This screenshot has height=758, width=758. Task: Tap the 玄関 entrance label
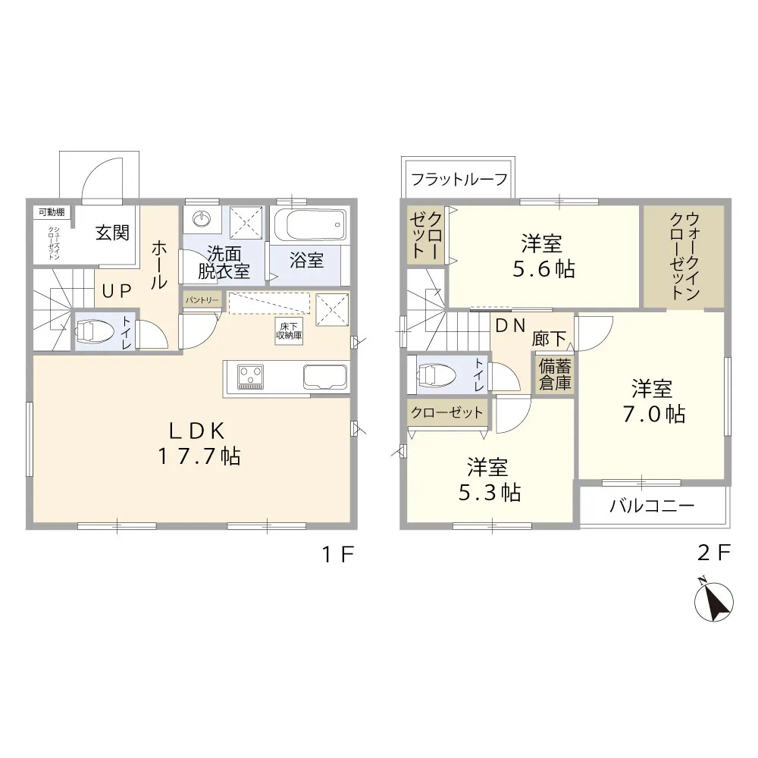pos(112,233)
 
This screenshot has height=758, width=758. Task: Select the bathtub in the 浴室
pos(310,224)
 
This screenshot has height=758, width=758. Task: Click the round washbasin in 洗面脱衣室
pos(201,219)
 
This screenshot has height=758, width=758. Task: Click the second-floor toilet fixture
pos(437,374)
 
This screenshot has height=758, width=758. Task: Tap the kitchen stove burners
pos(250,377)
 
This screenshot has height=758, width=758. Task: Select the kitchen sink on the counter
pos(325,376)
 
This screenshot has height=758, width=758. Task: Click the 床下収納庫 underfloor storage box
pos(289,331)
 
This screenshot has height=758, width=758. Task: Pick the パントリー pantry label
pos(202,300)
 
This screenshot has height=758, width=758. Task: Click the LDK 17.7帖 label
pos(199,443)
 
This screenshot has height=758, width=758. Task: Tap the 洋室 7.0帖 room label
pos(653,401)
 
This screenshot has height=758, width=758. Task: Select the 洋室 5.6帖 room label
pos(543,256)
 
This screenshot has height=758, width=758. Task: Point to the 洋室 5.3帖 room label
pos(489,480)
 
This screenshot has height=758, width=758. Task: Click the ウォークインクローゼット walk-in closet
pos(684,256)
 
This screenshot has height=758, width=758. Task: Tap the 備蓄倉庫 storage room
pos(555,375)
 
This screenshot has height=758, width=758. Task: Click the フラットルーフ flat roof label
pos(459,179)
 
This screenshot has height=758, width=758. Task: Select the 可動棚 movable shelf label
pos(52,211)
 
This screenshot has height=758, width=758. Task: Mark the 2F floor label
pos(713,553)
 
